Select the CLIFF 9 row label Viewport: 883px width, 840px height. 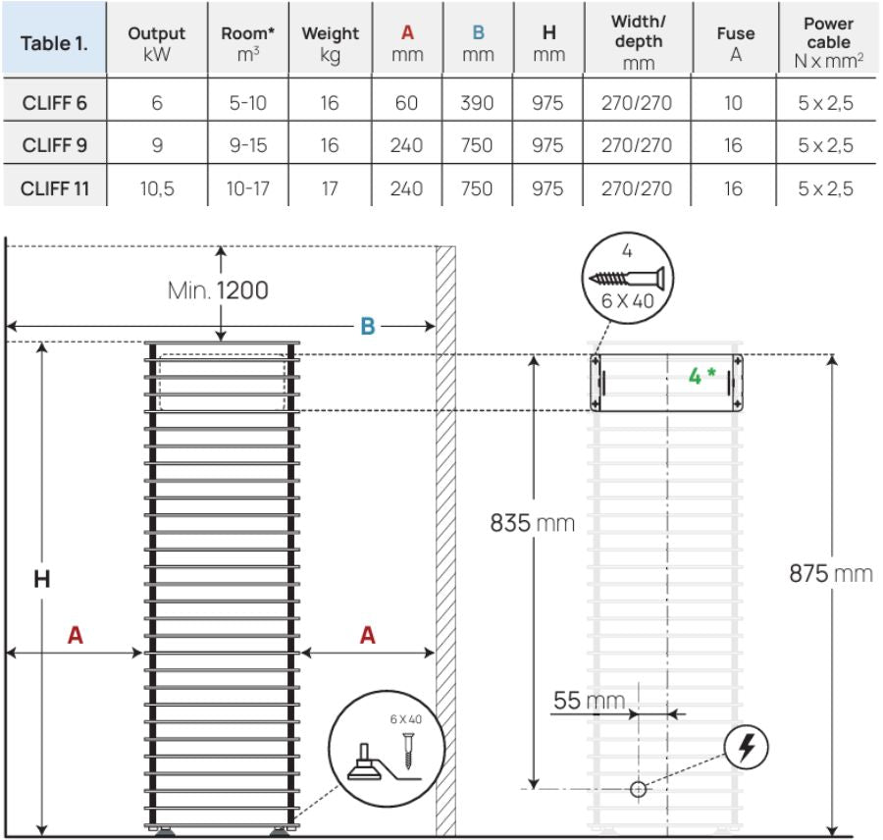pyautogui.click(x=55, y=145)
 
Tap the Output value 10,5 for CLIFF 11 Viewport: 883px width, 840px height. pyautogui.click(x=157, y=188)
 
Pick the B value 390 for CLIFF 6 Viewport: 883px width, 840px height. pyautogui.click(x=477, y=102)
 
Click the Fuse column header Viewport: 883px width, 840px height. pyautogui.click(x=734, y=42)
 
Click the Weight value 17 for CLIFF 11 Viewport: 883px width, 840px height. pyautogui.click(x=330, y=188)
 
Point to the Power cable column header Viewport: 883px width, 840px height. pyautogui.click(x=828, y=42)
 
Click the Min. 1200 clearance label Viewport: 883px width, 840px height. pyautogui.click(x=218, y=290)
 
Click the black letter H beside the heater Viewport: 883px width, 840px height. pyautogui.click(x=41, y=580)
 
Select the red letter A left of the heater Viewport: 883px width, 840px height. pyautogui.click(x=75, y=636)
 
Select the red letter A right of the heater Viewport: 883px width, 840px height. pyautogui.click(x=367, y=636)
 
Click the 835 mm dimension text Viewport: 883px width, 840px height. pyautogui.click(x=533, y=523)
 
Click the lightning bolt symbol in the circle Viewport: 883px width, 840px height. pyautogui.click(x=747, y=750)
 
